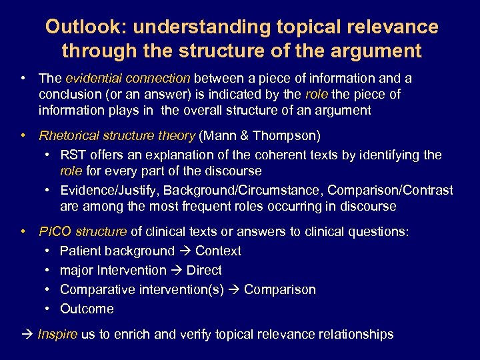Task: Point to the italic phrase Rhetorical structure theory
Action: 117,136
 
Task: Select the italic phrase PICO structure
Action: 83,232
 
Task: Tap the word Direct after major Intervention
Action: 204,271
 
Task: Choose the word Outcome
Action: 87,309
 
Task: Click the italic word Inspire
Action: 57,334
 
